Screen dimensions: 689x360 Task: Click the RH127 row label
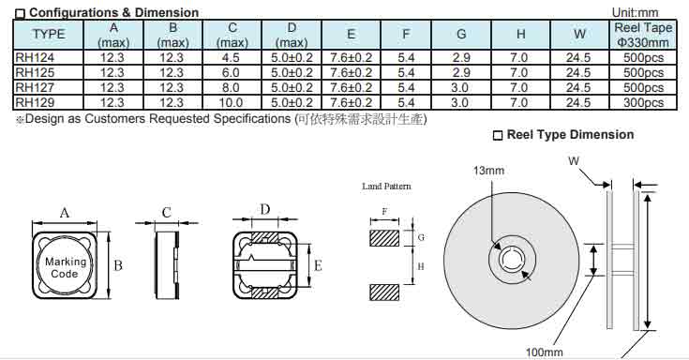[x=35, y=87]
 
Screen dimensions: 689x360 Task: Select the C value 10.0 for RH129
[x=231, y=103]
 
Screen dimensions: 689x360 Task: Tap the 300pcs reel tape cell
[x=643, y=103]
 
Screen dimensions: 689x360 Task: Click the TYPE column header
[x=49, y=35]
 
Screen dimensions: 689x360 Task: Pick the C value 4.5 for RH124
[x=231, y=57]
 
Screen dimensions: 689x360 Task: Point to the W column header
[x=579, y=35]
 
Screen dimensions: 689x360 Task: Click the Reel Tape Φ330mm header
[x=643, y=35]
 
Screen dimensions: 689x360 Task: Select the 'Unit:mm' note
[x=636, y=12]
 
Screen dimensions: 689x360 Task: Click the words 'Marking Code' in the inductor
[x=66, y=267]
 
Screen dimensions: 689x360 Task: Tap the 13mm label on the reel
[x=488, y=170]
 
